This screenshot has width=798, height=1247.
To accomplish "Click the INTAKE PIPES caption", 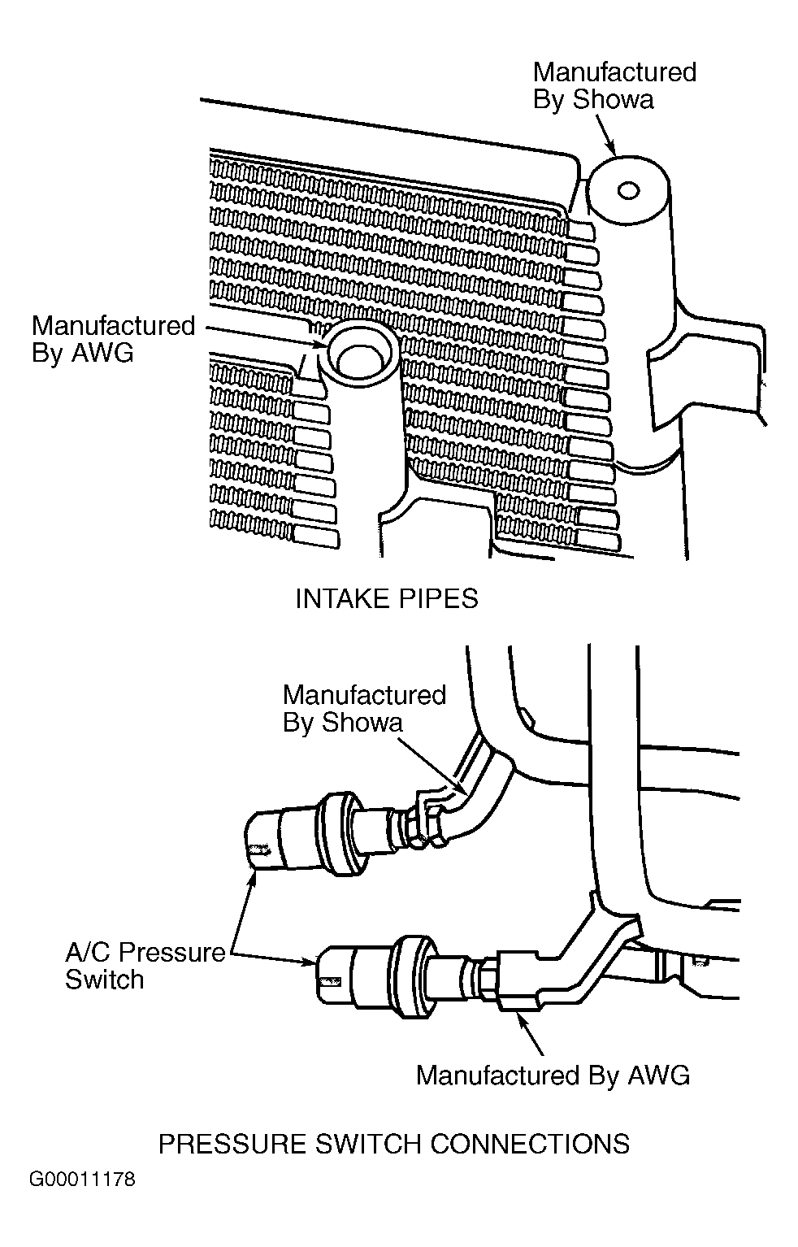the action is pyautogui.click(x=386, y=599).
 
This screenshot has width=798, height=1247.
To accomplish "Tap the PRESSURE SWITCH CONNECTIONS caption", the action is pyautogui.click(x=394, y=1144).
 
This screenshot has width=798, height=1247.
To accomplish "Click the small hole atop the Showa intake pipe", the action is pyautogui.click(x=628, y=190).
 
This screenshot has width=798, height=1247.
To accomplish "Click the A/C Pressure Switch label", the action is pyautogui.click(x=145, y=965).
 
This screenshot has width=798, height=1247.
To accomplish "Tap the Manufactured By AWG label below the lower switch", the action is pyautogui.click(x=553, y=1075).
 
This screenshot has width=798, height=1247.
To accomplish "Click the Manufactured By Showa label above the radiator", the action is pyautogui.click(x=614, y=85).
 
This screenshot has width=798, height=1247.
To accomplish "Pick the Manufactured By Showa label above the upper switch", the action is pyautogui.click(x=365, y=709).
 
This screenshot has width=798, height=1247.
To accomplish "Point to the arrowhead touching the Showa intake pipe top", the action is pyautogui.click(x=612, y=149).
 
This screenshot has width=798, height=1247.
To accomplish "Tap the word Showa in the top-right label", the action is pyautogui.click(x=613, y=100).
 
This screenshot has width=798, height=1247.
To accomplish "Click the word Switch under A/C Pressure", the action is pyautogui.click(x=105, y=980).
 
